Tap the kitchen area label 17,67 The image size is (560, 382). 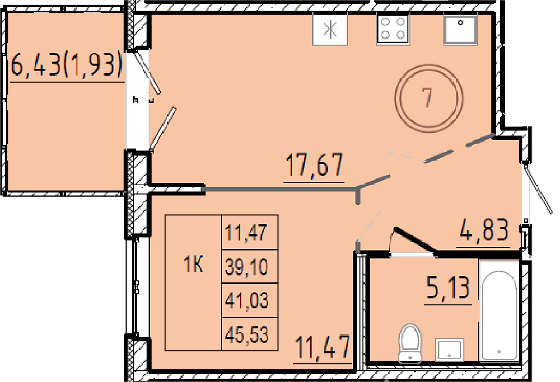[314, 165]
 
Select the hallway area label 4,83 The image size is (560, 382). [483, 230]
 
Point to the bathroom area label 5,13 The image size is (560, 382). [448, 288]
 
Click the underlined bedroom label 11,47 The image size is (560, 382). [323, 347]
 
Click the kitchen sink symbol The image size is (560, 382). [460, 30]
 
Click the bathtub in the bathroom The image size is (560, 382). [499, 310]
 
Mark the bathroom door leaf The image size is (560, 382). [414, 240]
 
